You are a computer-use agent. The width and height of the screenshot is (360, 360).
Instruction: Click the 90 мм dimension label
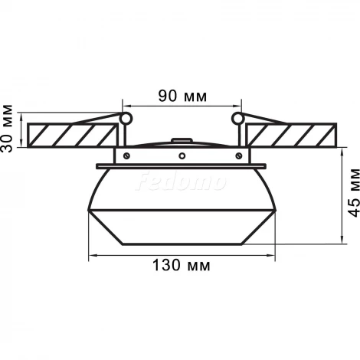181,97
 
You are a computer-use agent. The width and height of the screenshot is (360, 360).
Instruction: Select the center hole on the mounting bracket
182,155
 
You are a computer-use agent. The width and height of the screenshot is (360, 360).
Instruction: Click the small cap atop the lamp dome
182,141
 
